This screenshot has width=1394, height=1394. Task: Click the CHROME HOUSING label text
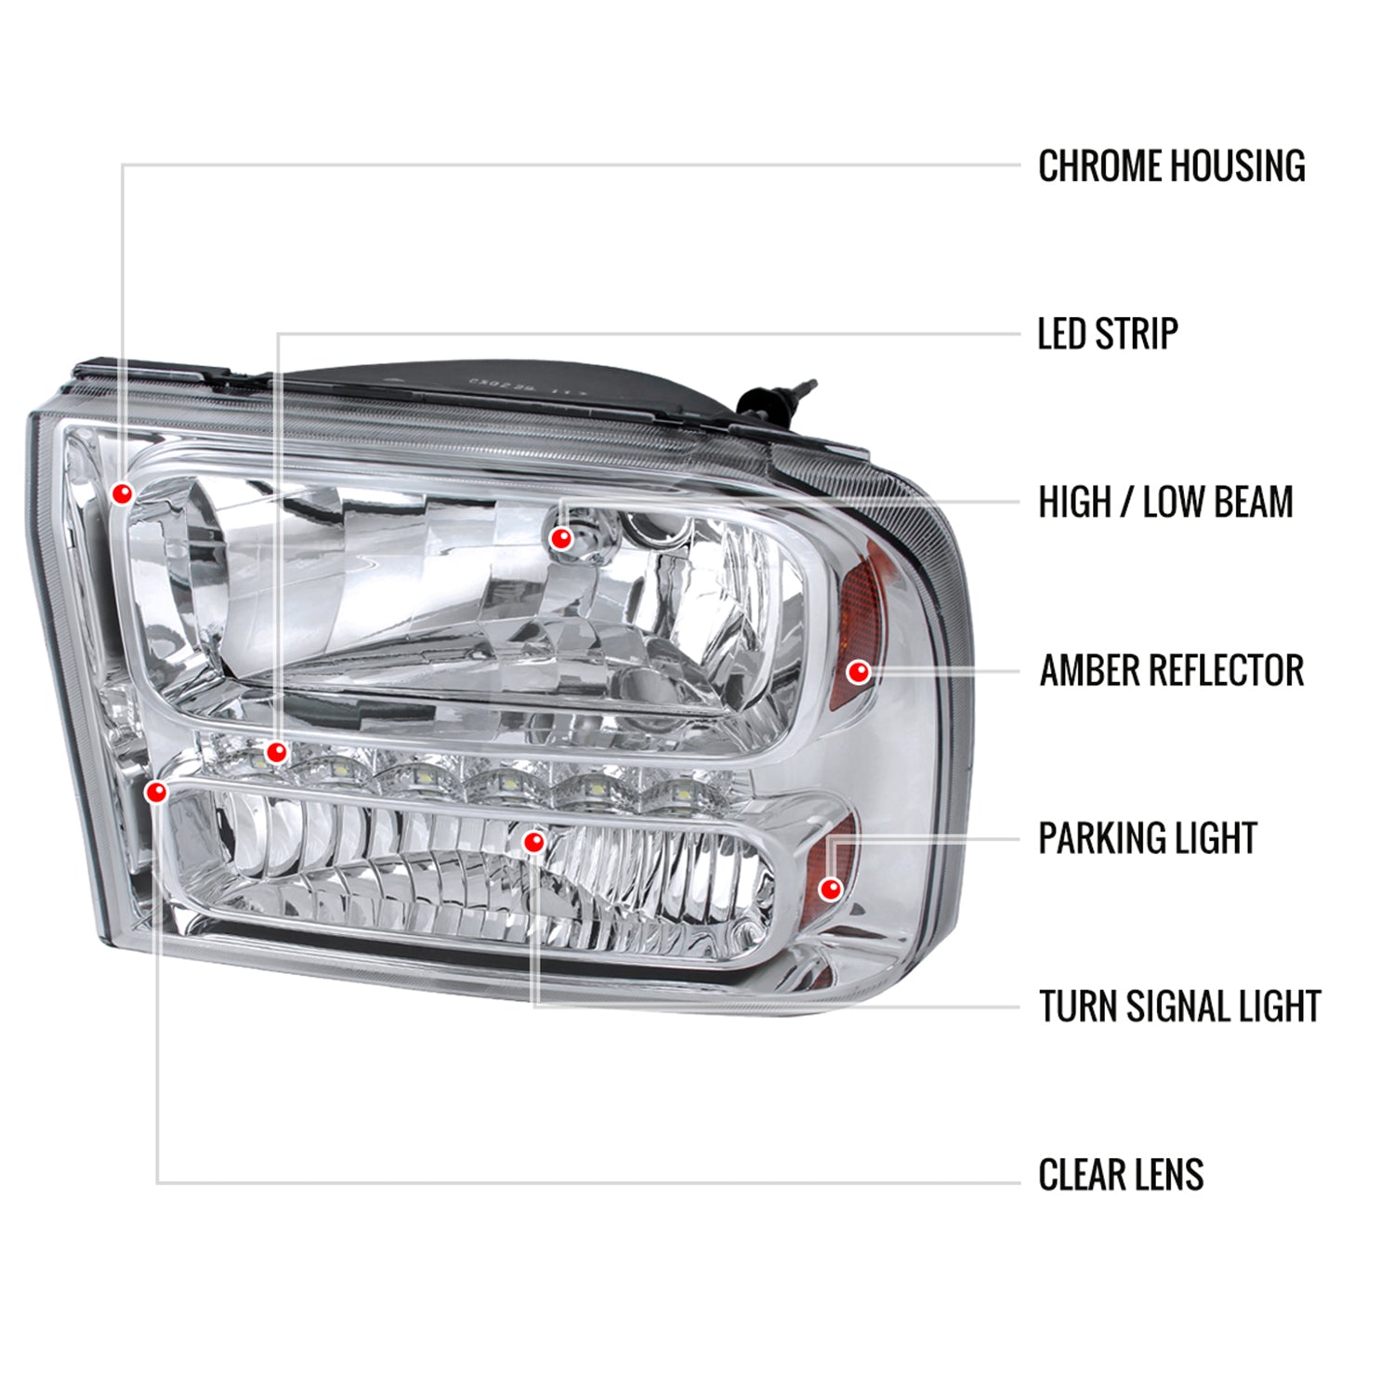pos(1171,166)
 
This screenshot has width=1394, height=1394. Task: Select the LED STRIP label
pos(1107,334)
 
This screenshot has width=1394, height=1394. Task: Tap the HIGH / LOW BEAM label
pos(1165,502)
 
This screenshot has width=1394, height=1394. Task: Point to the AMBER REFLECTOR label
pos(1171,670)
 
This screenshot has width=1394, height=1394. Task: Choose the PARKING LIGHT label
pos(1147,838)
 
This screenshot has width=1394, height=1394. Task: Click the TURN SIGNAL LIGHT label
pos(1179,1006)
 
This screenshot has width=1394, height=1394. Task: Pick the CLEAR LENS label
pos(1120,1175)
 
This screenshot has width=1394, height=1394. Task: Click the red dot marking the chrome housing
pos(122,493)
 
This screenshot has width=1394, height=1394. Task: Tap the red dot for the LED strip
pos(276,752)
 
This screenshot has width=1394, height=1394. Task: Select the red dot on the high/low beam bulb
pos(560,538)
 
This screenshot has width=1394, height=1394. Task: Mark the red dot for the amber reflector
pos(859,671)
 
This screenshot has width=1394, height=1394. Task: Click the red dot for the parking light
pos(831,889)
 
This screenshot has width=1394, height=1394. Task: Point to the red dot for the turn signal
pos(533,842)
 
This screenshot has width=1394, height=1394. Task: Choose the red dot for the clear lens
pos(156,792)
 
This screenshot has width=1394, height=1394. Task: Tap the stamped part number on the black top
pos(516,382)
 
